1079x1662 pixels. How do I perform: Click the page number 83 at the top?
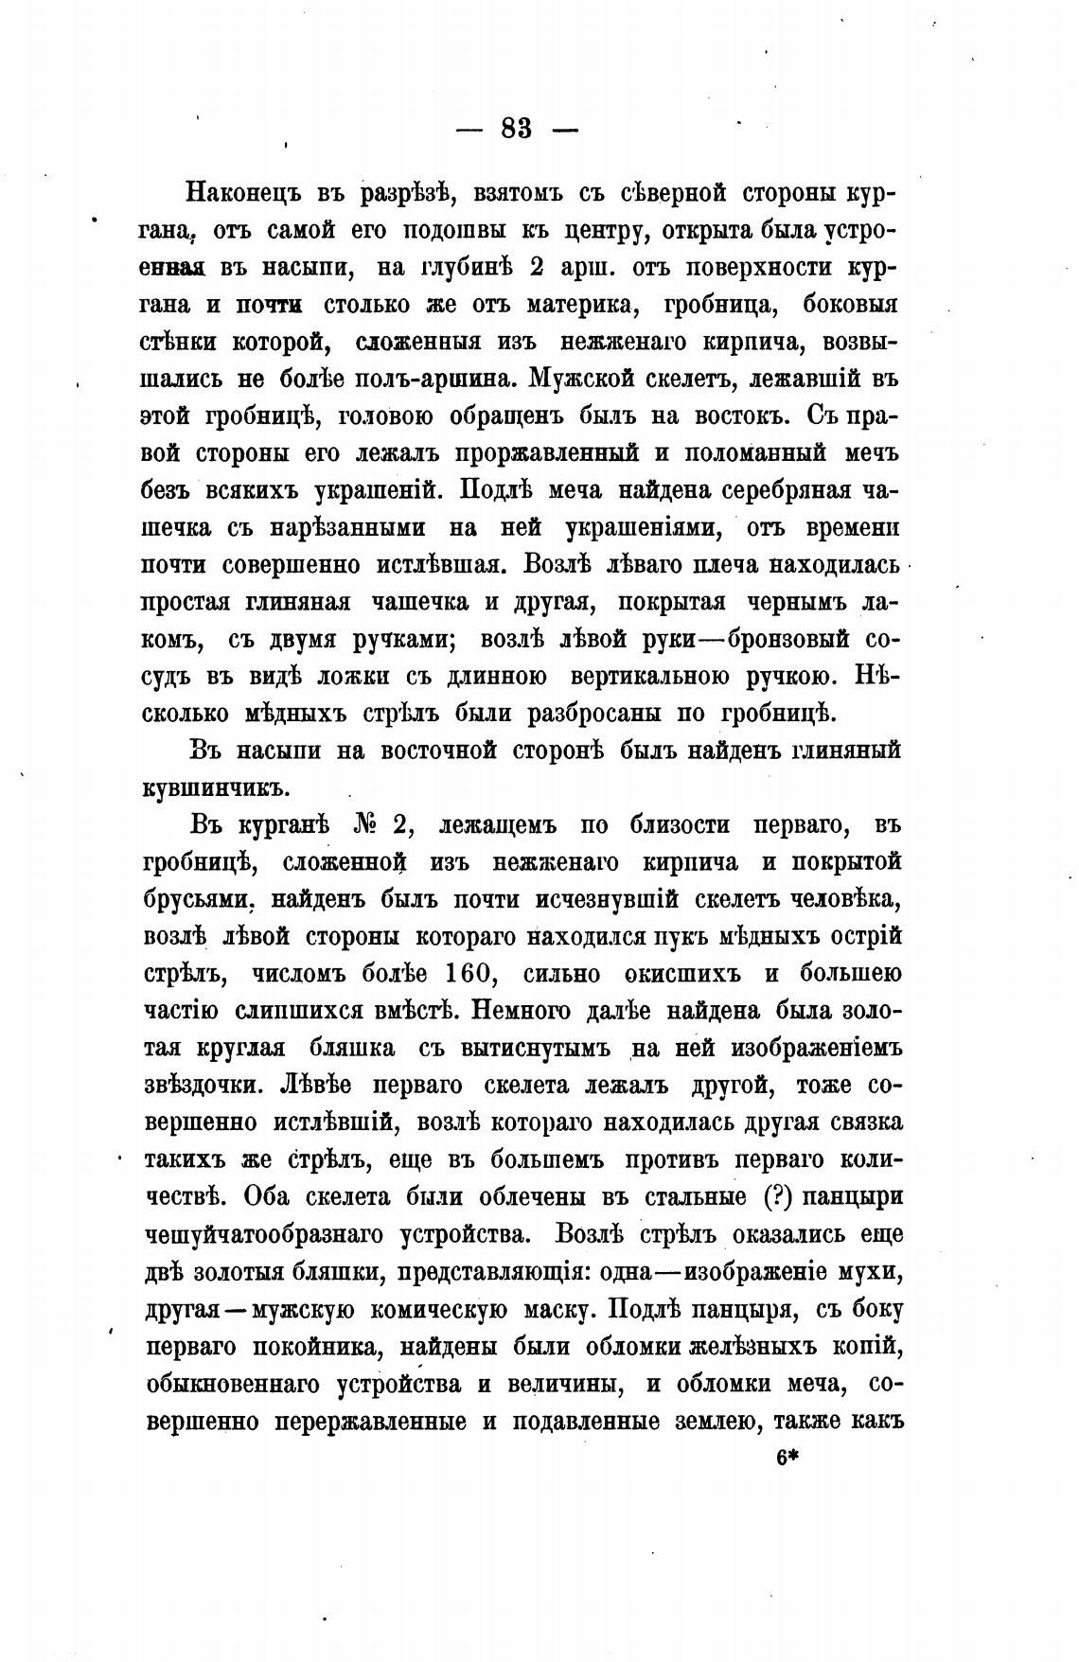516,128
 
